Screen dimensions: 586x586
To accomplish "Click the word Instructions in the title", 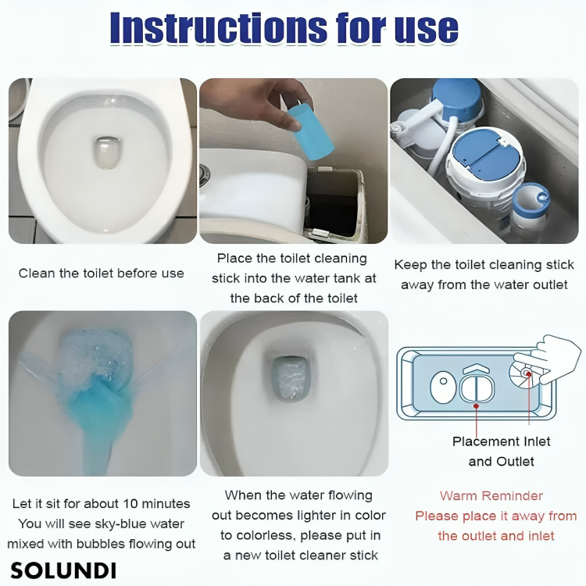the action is point(218,28).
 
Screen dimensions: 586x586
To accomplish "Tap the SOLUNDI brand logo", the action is point(63,570).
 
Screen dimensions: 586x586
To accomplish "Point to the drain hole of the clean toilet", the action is point(108,152).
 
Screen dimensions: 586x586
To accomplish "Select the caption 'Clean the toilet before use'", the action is point(102,273).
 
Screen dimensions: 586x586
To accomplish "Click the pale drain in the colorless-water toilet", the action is point(290,378).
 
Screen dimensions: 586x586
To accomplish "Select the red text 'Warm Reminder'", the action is point(491,496).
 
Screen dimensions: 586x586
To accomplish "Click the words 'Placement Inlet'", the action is point(501,441).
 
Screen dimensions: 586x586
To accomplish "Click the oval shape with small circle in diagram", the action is point(443,388).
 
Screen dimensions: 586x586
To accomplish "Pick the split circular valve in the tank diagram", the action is point(477,388).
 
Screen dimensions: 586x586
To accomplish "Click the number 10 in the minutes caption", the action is point(130,504).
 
